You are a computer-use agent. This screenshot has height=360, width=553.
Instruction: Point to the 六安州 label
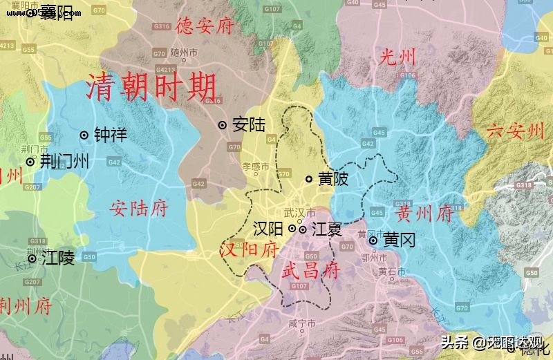[x=516, y=131]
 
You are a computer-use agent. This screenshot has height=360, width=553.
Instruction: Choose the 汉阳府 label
[x=249, y=249]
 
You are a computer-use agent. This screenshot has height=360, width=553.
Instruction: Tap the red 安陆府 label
[x=139, y=207]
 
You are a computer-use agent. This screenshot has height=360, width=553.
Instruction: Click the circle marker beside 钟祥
[x=84, y=135]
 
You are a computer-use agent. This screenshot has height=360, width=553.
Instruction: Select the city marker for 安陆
[x=223, y=125]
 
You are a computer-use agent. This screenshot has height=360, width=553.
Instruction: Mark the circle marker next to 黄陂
[x=309, y=180]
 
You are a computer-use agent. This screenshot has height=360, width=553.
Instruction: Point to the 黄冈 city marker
[x=374, y=240]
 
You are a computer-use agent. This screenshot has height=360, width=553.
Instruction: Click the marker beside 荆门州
[x=30, y=162]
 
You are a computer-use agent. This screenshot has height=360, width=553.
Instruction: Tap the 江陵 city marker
[x=31, y=259]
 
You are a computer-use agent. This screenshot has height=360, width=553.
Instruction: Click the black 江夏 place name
[x=326, y=228]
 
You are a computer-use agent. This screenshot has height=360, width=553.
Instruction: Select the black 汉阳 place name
[x=268, y=228]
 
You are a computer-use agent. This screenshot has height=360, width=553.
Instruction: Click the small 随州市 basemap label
[x=184, y=52]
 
